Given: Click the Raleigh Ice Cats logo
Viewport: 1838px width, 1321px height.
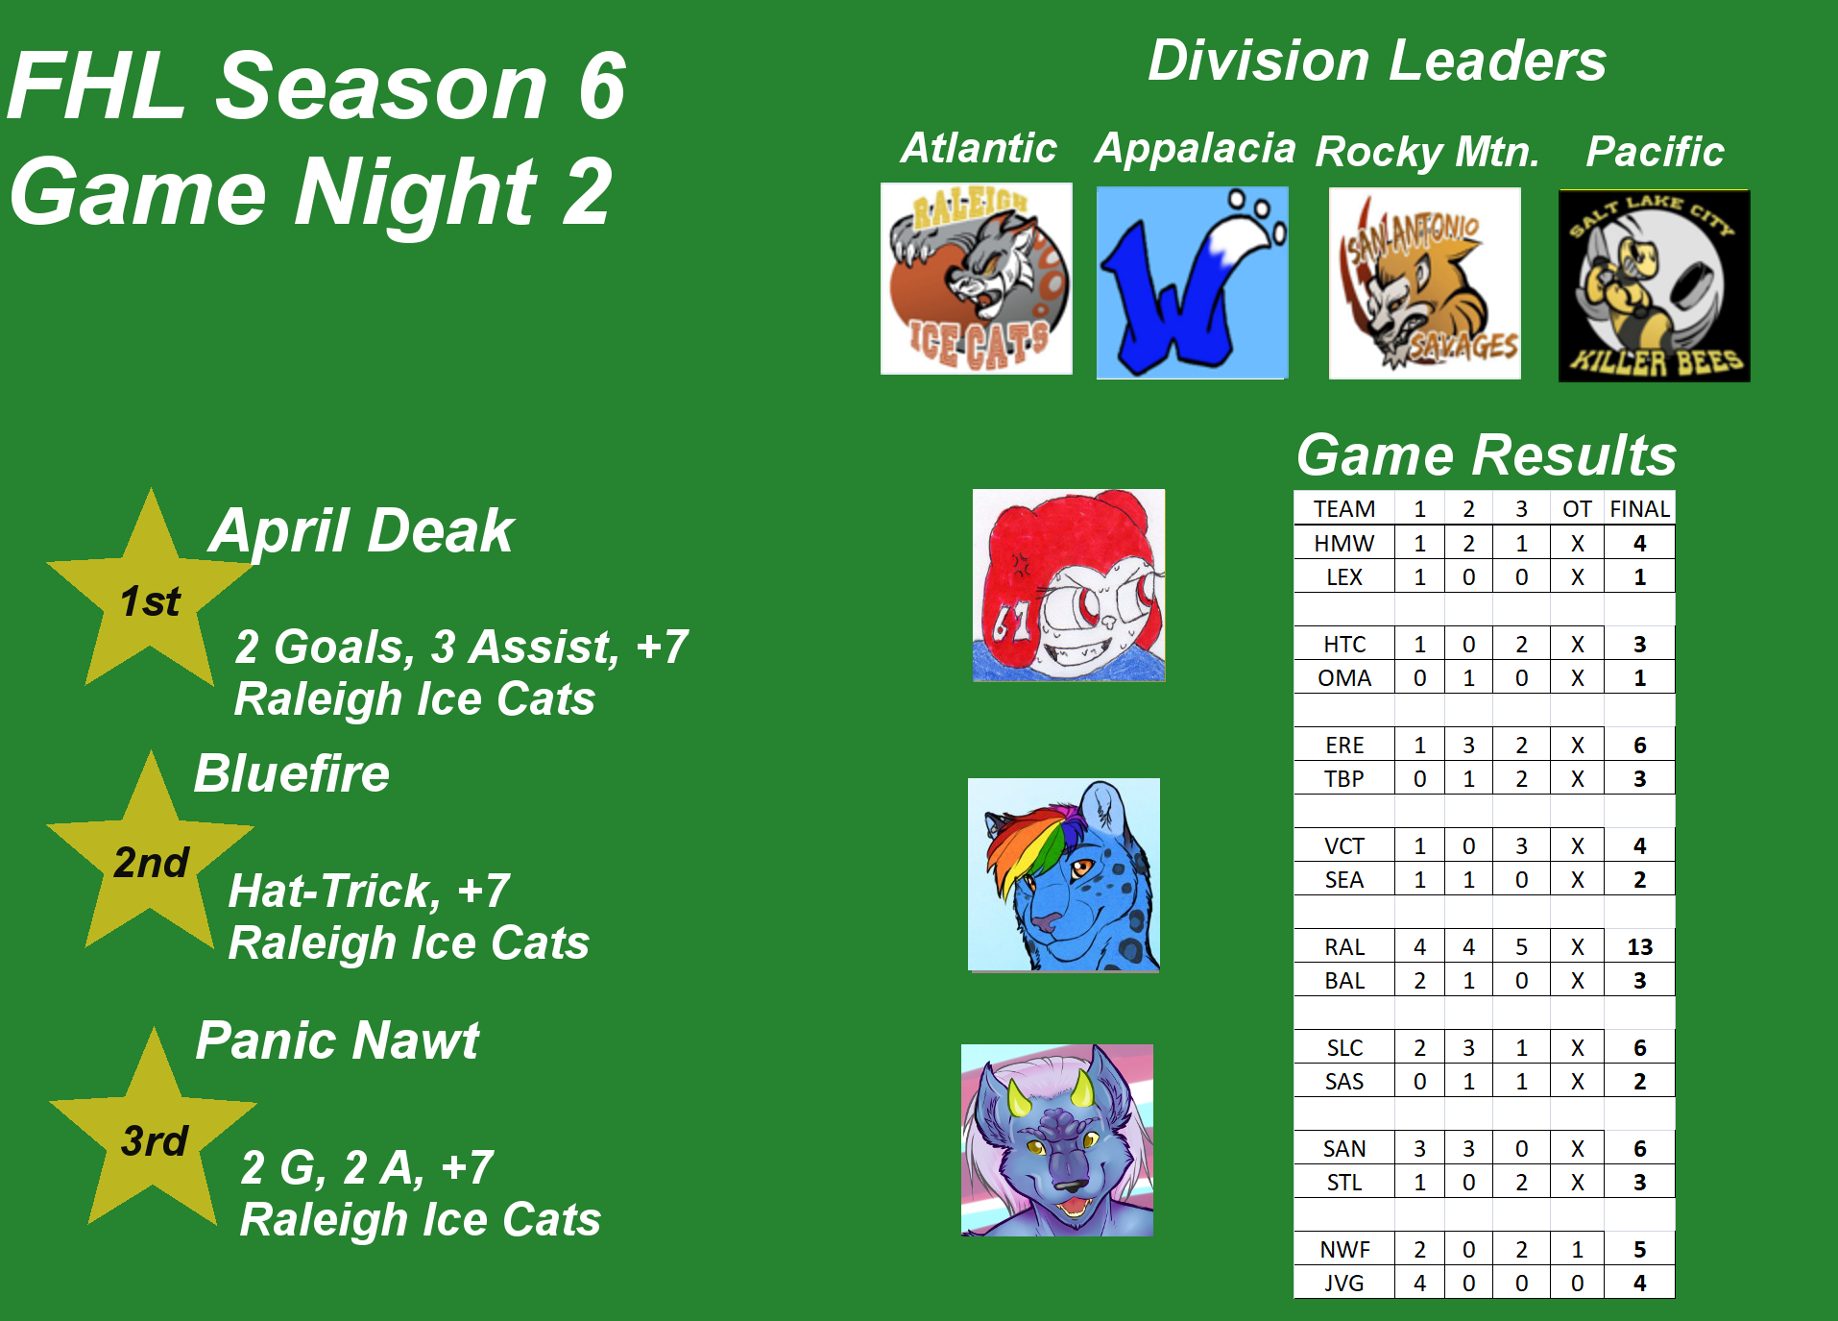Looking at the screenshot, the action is pos(976,279).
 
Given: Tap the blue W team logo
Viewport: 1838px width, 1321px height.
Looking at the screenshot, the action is pos(1192,282).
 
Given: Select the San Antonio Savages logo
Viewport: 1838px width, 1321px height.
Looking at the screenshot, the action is pos(1424,283).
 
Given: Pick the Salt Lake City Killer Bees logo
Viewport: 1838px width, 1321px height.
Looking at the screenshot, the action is pos(1654,286).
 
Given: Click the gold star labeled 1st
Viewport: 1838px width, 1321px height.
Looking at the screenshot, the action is pos(150,596).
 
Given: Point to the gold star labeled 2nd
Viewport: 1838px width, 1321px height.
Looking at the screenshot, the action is pos(150,858).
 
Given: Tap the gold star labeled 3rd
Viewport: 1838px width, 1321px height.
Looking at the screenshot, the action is pos(153,1134).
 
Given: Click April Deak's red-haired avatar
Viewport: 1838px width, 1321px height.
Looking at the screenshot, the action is pos(1069,585).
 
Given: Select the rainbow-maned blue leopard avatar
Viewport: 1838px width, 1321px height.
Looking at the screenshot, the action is pos(1064,875).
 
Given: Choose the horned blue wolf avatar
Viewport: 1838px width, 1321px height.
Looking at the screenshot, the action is pos(1057,1140).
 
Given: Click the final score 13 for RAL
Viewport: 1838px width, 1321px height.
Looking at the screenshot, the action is pos(1639,947).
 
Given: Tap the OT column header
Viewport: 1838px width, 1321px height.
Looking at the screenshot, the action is pos(1577,509).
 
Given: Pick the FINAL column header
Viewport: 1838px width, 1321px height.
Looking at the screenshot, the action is pos(1639,509).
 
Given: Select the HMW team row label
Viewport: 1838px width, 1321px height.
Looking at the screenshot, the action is pos(1343,544).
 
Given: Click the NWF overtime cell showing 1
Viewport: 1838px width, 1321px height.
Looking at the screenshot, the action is pos(1577,1250).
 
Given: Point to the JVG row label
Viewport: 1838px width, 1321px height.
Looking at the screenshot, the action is pos(1343,1284).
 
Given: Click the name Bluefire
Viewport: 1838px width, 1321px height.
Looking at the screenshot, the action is pos(292,773).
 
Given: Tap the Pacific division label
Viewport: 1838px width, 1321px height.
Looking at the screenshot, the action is pos(1655,151).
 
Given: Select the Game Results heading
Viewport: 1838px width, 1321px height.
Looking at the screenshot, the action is pos(1487,454).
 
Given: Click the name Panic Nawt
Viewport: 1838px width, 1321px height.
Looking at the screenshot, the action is pos(337,1040).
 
